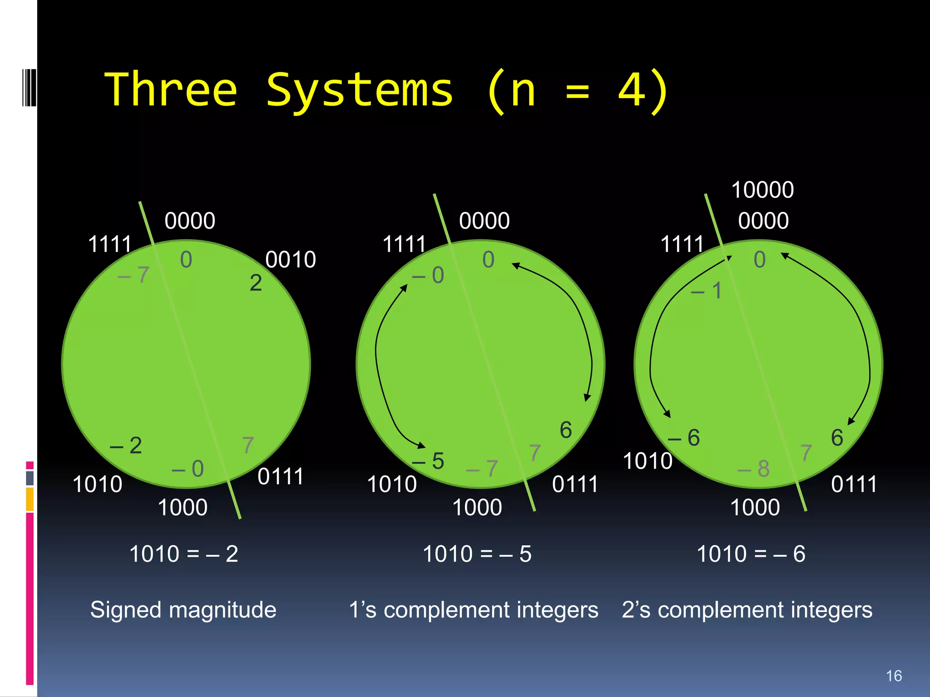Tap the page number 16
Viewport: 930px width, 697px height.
tap(894, 676)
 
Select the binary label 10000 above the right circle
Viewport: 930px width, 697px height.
tap(762, 190)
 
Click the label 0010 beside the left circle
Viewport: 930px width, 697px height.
tap(291, 260)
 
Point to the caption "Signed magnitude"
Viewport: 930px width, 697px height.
tap(183, 609)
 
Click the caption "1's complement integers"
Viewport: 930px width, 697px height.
tap(473, 609)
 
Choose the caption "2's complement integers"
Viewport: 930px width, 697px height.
tap(747, 609)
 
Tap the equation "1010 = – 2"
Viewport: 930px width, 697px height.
tap(183, 554)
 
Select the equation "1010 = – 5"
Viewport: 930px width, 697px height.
tap(477, 554)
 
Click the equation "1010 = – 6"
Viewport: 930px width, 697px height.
tap(751, 554)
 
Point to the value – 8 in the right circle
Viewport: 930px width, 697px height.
tap(754, 468)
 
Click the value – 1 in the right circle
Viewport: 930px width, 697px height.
tap(707, 290)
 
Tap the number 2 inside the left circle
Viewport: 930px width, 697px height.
tap(256, 283)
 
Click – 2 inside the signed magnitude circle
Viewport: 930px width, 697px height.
tap(126, 446)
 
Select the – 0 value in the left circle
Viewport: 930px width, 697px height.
tap(188, 468)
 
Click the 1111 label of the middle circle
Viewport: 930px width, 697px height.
tap(404, 244)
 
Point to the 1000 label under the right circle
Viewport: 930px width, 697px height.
tap(755, 507)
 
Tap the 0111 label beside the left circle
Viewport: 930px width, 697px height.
tap(281, 476)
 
